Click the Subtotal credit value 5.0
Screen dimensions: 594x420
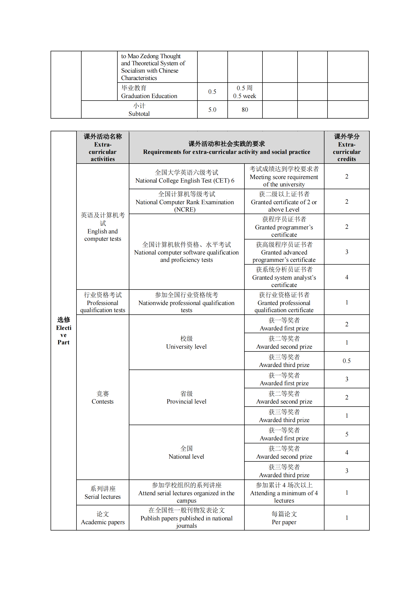[212, 110]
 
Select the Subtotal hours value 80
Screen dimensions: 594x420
[244, 110]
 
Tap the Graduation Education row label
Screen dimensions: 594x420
[149, 92]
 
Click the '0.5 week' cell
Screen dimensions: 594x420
[244, 92]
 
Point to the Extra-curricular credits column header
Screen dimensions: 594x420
[347, 148]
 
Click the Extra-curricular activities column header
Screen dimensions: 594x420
[102, 148]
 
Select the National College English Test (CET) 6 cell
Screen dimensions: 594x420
[186, 176]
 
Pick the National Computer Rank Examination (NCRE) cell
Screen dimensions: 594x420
[186, 202]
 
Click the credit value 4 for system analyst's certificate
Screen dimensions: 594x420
[347, 277]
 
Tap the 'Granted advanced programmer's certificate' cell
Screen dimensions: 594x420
[284, 252]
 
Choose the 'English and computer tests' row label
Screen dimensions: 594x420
[102, 227]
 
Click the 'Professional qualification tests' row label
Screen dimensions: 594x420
[102, 302]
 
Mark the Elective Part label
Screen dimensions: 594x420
[64, 331]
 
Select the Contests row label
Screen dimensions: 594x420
[102, 397]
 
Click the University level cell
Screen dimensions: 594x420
[186, 343]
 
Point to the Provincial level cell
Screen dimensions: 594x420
[186, 397]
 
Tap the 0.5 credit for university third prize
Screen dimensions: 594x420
[347, 361]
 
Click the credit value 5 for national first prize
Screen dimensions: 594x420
[347, 434]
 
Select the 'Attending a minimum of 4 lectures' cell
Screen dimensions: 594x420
[284, 493]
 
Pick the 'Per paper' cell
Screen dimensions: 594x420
[284, 518]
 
